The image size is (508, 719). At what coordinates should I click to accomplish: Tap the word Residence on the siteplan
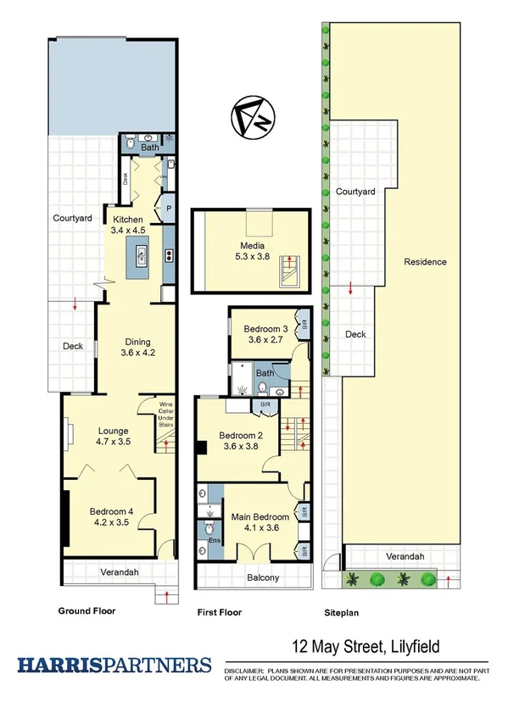[x=425, y=262]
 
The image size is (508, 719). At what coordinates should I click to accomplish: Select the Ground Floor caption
[x=87, y=610]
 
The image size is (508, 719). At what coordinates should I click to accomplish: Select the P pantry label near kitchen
[x=169, y=208]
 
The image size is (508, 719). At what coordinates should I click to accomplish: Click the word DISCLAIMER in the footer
[x=246, y=671]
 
